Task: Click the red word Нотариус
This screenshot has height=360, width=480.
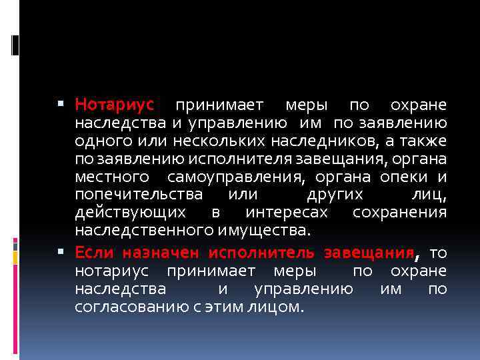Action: point(114,105)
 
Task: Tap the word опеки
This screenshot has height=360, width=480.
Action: point(405,177)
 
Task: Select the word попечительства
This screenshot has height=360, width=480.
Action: point(139,195)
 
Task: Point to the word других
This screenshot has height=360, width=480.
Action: point(335,195)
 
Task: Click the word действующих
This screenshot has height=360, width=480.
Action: point(131,213)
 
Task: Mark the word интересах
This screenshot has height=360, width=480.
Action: point(287,213)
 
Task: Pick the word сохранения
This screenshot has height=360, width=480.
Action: point(399,213)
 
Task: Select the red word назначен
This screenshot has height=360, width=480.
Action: point(169,253)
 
